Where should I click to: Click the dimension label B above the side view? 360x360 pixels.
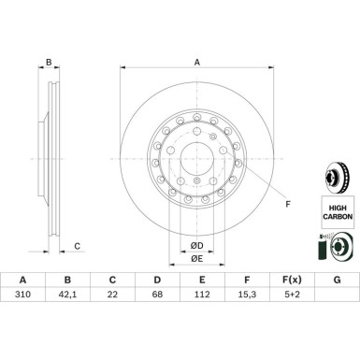click(48, 64)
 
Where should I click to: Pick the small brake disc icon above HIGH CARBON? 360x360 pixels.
click(338, 177)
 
